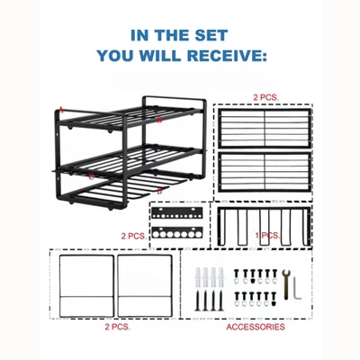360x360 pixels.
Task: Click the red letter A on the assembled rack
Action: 61,109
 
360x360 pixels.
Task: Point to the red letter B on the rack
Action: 158,119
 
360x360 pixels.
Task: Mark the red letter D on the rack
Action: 159,191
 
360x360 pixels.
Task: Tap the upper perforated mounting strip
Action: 179,216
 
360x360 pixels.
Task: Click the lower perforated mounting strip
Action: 179,232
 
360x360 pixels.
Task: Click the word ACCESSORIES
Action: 256,328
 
